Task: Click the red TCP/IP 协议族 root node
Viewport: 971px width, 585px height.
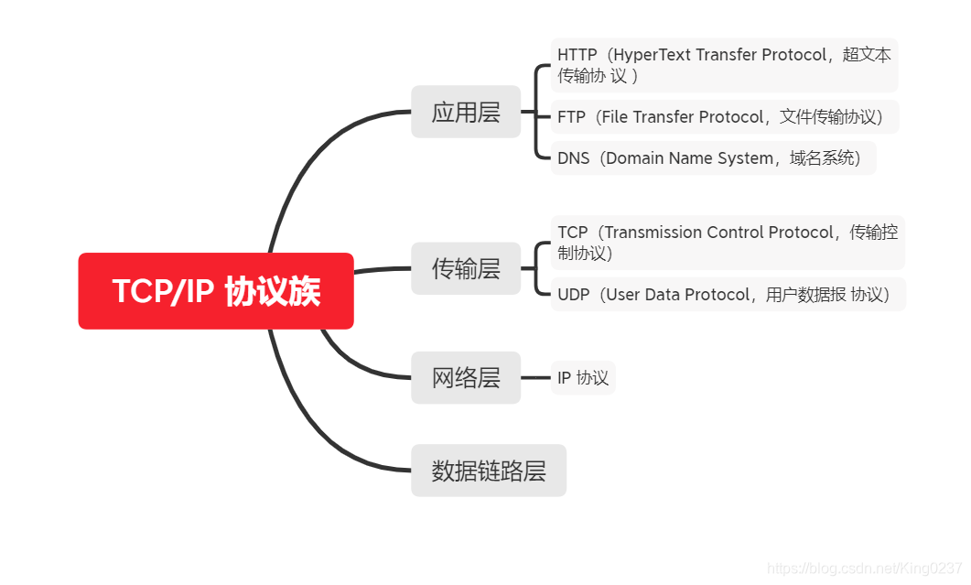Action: [x=216, y=291]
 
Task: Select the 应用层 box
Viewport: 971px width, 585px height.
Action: [x=466, y=112]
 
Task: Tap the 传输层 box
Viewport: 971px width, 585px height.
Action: [x=466, y=268]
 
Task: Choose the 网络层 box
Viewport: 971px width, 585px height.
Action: [x=466, y=377]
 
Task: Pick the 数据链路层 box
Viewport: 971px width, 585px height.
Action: [x=489, y=471]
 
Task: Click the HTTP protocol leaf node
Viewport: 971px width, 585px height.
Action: [x=724, y=65]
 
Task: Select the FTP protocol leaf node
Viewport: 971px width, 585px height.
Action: [x=724, y=117]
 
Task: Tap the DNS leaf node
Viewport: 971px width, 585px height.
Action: [x=713, y=158]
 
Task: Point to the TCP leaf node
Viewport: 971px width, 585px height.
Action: [x=728, y=242]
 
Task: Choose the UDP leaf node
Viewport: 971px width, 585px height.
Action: [x=728, y=295]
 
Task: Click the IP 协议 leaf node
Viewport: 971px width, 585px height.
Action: [x=583, y=377]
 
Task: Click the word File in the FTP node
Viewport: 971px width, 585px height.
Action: [x=618, y=117]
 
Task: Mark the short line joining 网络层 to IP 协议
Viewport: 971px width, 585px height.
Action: [x=535, y=377]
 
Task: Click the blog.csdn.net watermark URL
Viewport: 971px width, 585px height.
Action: [x=864, y=568]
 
